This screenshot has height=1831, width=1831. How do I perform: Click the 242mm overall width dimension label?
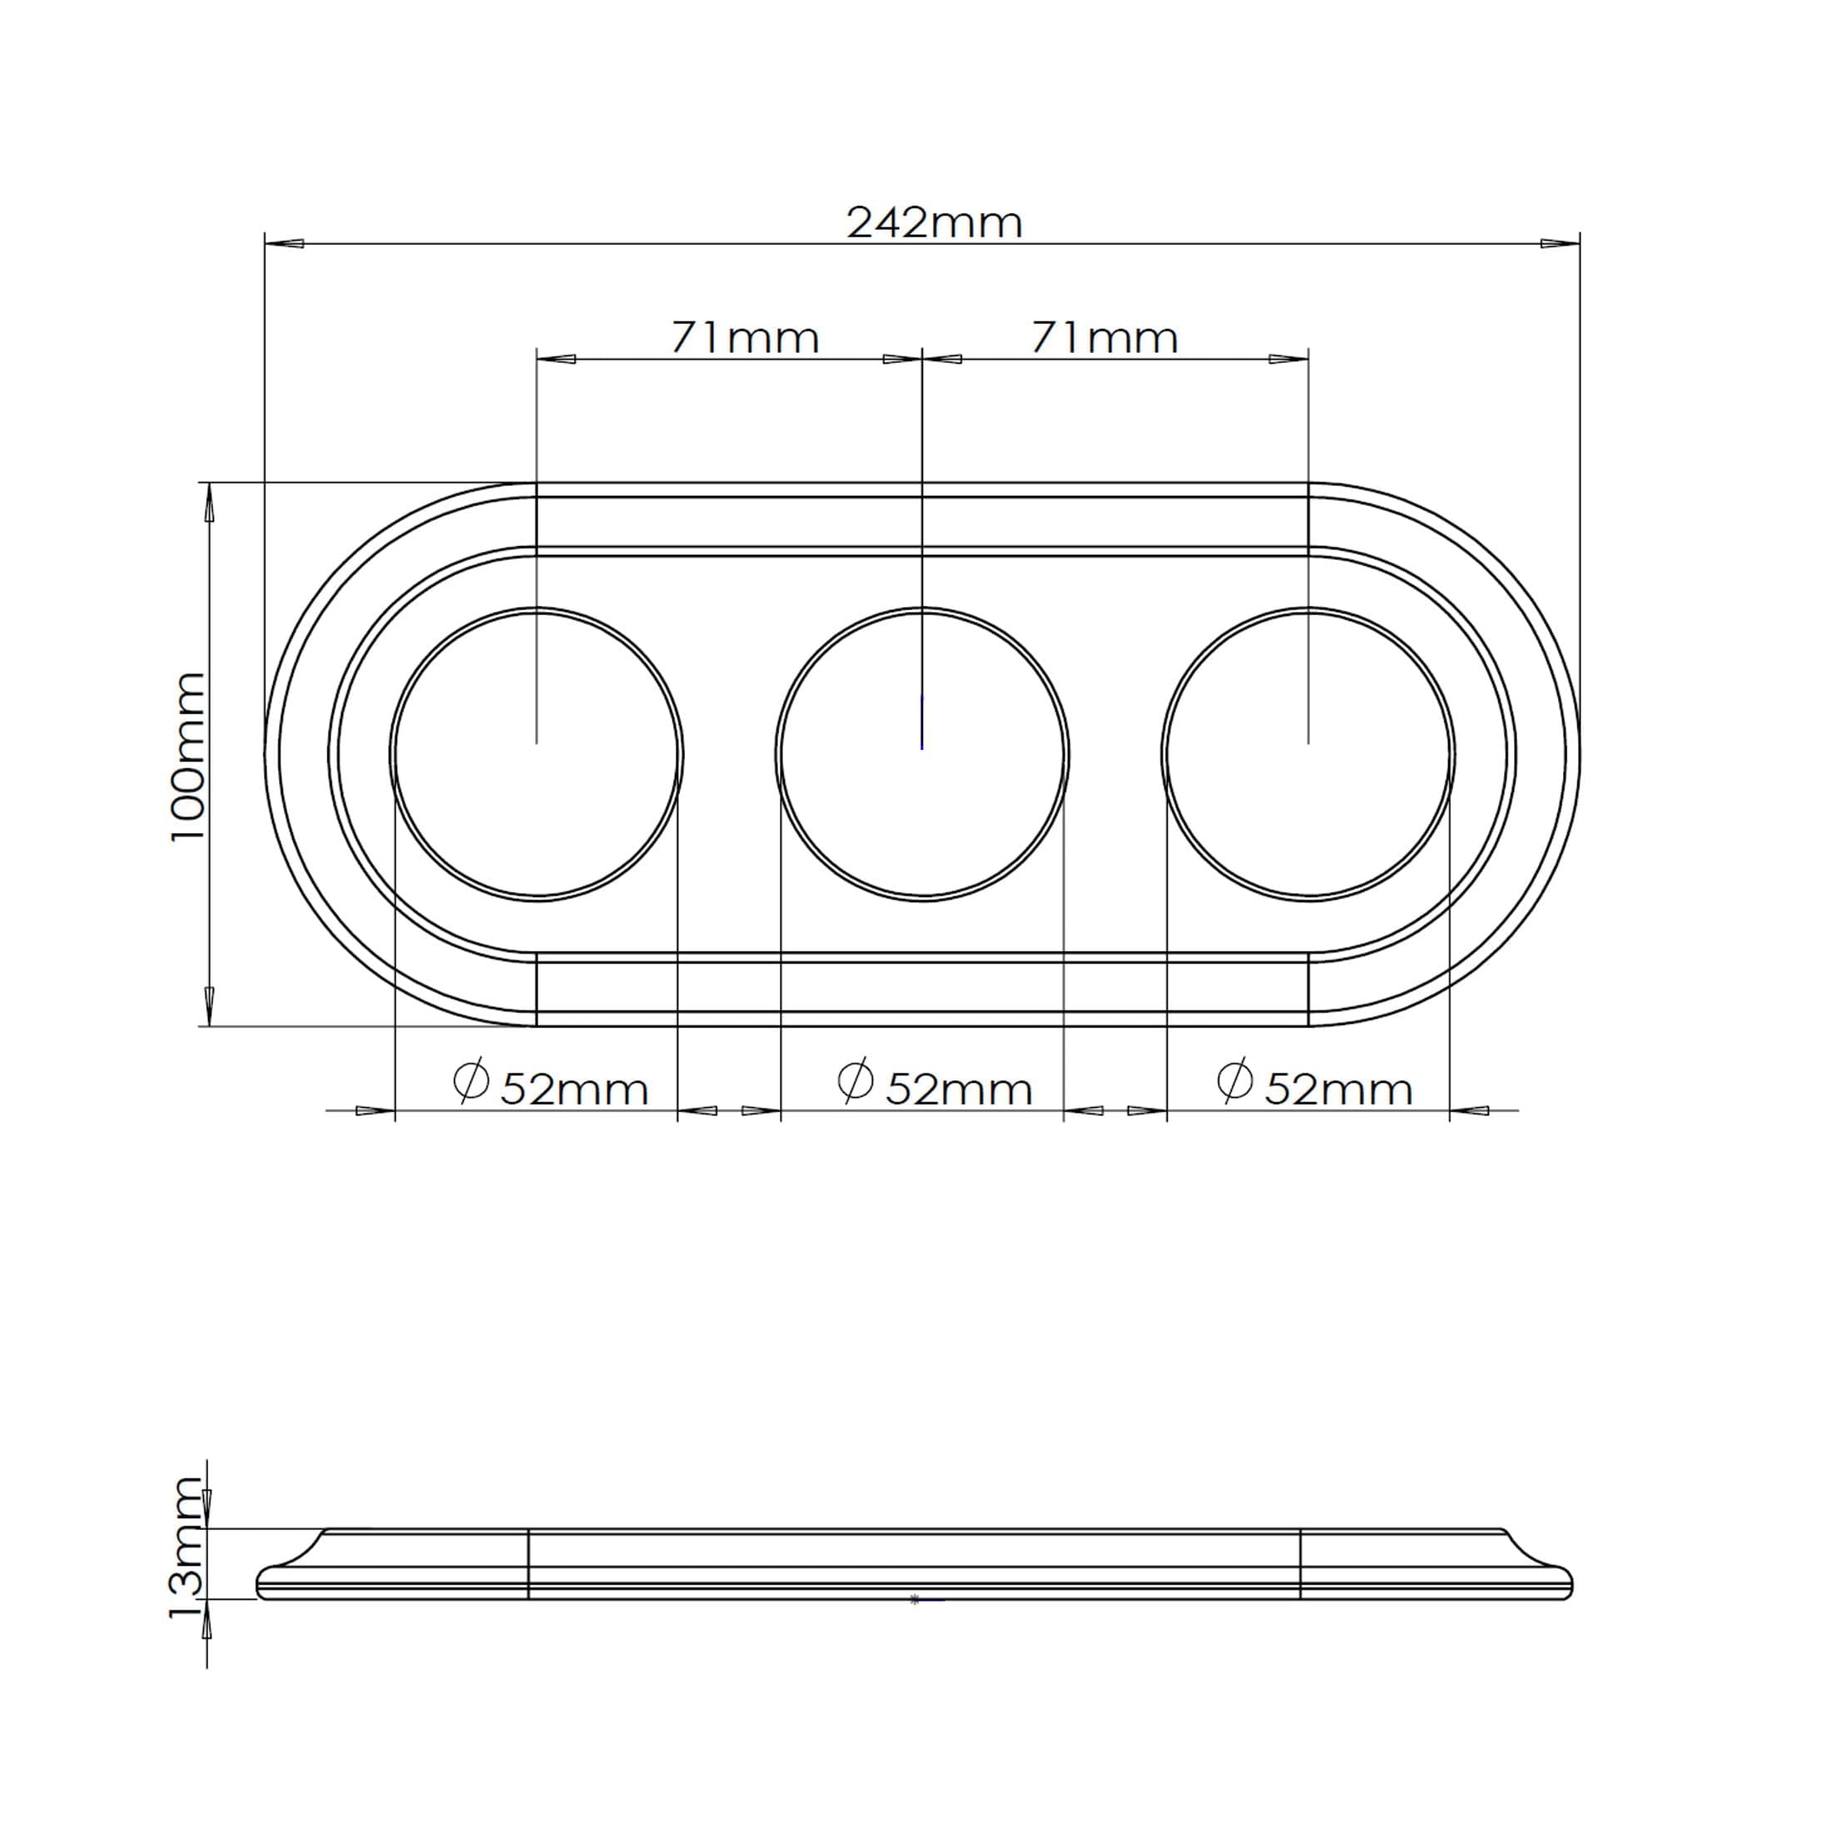click(x=935, y=224)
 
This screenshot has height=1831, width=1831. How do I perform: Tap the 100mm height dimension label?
click(x=187, y=756)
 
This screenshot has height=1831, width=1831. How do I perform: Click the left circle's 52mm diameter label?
click(x=574, y=1090)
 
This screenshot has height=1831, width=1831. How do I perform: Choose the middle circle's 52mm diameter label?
click(x=959, y=1090)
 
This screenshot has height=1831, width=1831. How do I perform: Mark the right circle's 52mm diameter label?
click(x=1338, y=1090)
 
